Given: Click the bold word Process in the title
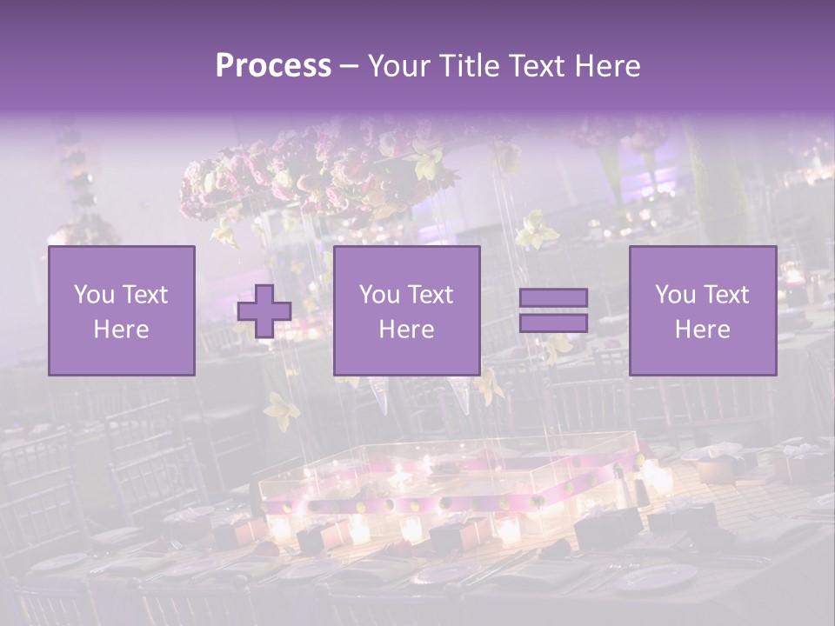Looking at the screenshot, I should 273,65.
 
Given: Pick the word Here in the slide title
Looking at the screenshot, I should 607,66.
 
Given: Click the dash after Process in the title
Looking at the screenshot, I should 349,67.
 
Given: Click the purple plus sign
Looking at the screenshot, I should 264,311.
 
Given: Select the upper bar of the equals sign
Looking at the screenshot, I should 553,297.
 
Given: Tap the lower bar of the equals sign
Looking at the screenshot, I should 553,323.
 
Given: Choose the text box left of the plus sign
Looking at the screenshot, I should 122,310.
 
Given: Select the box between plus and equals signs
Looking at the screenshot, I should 406,310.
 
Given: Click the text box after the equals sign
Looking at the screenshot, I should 703,310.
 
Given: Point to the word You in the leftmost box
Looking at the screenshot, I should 93,295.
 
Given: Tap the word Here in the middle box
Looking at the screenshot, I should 406,329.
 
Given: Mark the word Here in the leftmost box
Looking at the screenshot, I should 122,329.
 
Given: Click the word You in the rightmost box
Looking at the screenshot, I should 675,295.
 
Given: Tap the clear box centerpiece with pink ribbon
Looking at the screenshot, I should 452,478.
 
